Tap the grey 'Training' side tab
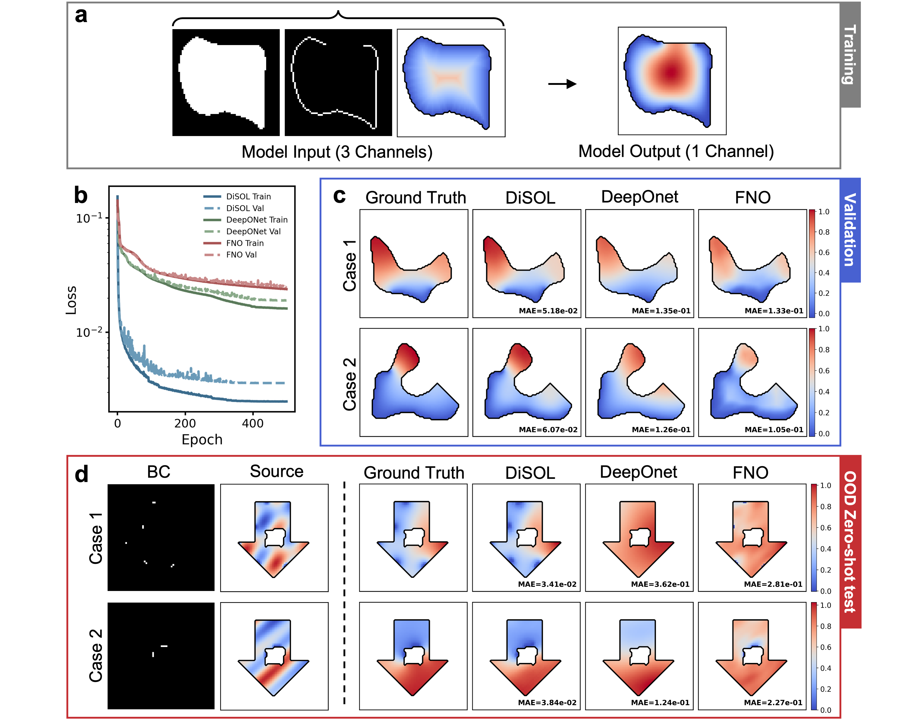[x=850, y=55]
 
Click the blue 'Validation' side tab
[x=850, y=230]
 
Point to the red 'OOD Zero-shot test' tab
[x=850, y=542]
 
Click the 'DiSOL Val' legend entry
[x=245, y=208]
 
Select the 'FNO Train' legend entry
[x=245, y=243]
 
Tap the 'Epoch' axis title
[x=202, y=440]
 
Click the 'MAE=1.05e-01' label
[x=774, y=430]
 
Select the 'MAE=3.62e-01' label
[x=660, y=584]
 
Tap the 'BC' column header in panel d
[x=159, y=472]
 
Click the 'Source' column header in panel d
[x=276, y=471]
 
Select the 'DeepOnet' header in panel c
[x=640, y=197]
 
